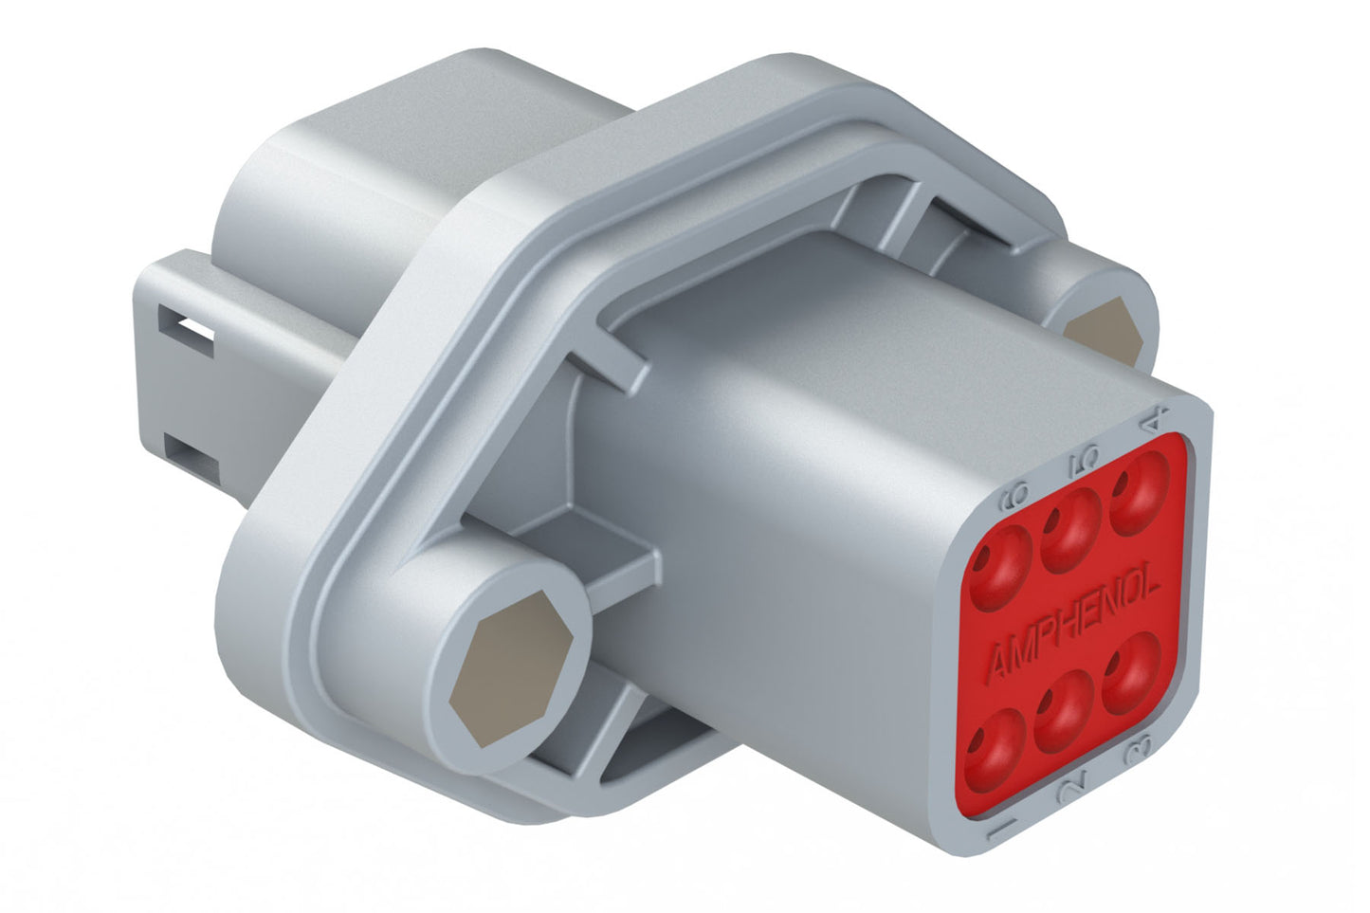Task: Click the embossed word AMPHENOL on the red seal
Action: (x=1073, y=627)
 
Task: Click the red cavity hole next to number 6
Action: (x=1001, y=568)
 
